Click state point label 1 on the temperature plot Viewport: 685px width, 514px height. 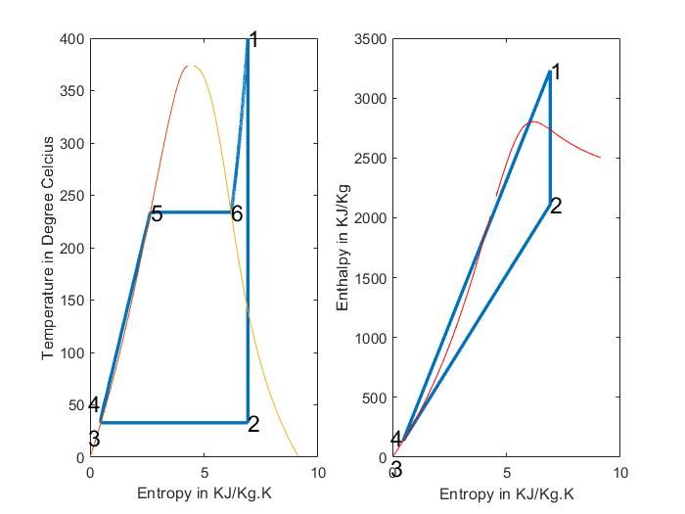[253, 40]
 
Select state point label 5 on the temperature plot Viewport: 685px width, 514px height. [157, 214]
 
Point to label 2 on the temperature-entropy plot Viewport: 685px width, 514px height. [253, 424]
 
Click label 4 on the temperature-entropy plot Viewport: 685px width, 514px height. [94, 404]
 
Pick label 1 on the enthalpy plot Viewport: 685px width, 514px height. [556, 72]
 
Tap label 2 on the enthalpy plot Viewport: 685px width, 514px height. [556, 206]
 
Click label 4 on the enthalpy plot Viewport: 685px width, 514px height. [396, 440]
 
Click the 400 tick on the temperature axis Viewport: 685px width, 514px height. [72, 39]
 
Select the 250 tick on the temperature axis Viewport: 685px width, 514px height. [72, 196]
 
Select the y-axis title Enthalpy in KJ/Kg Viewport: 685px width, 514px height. [342, 248]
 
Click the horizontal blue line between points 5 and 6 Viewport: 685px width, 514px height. [191, 211]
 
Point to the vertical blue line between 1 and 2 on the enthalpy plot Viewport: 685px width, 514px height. [550, 137]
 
